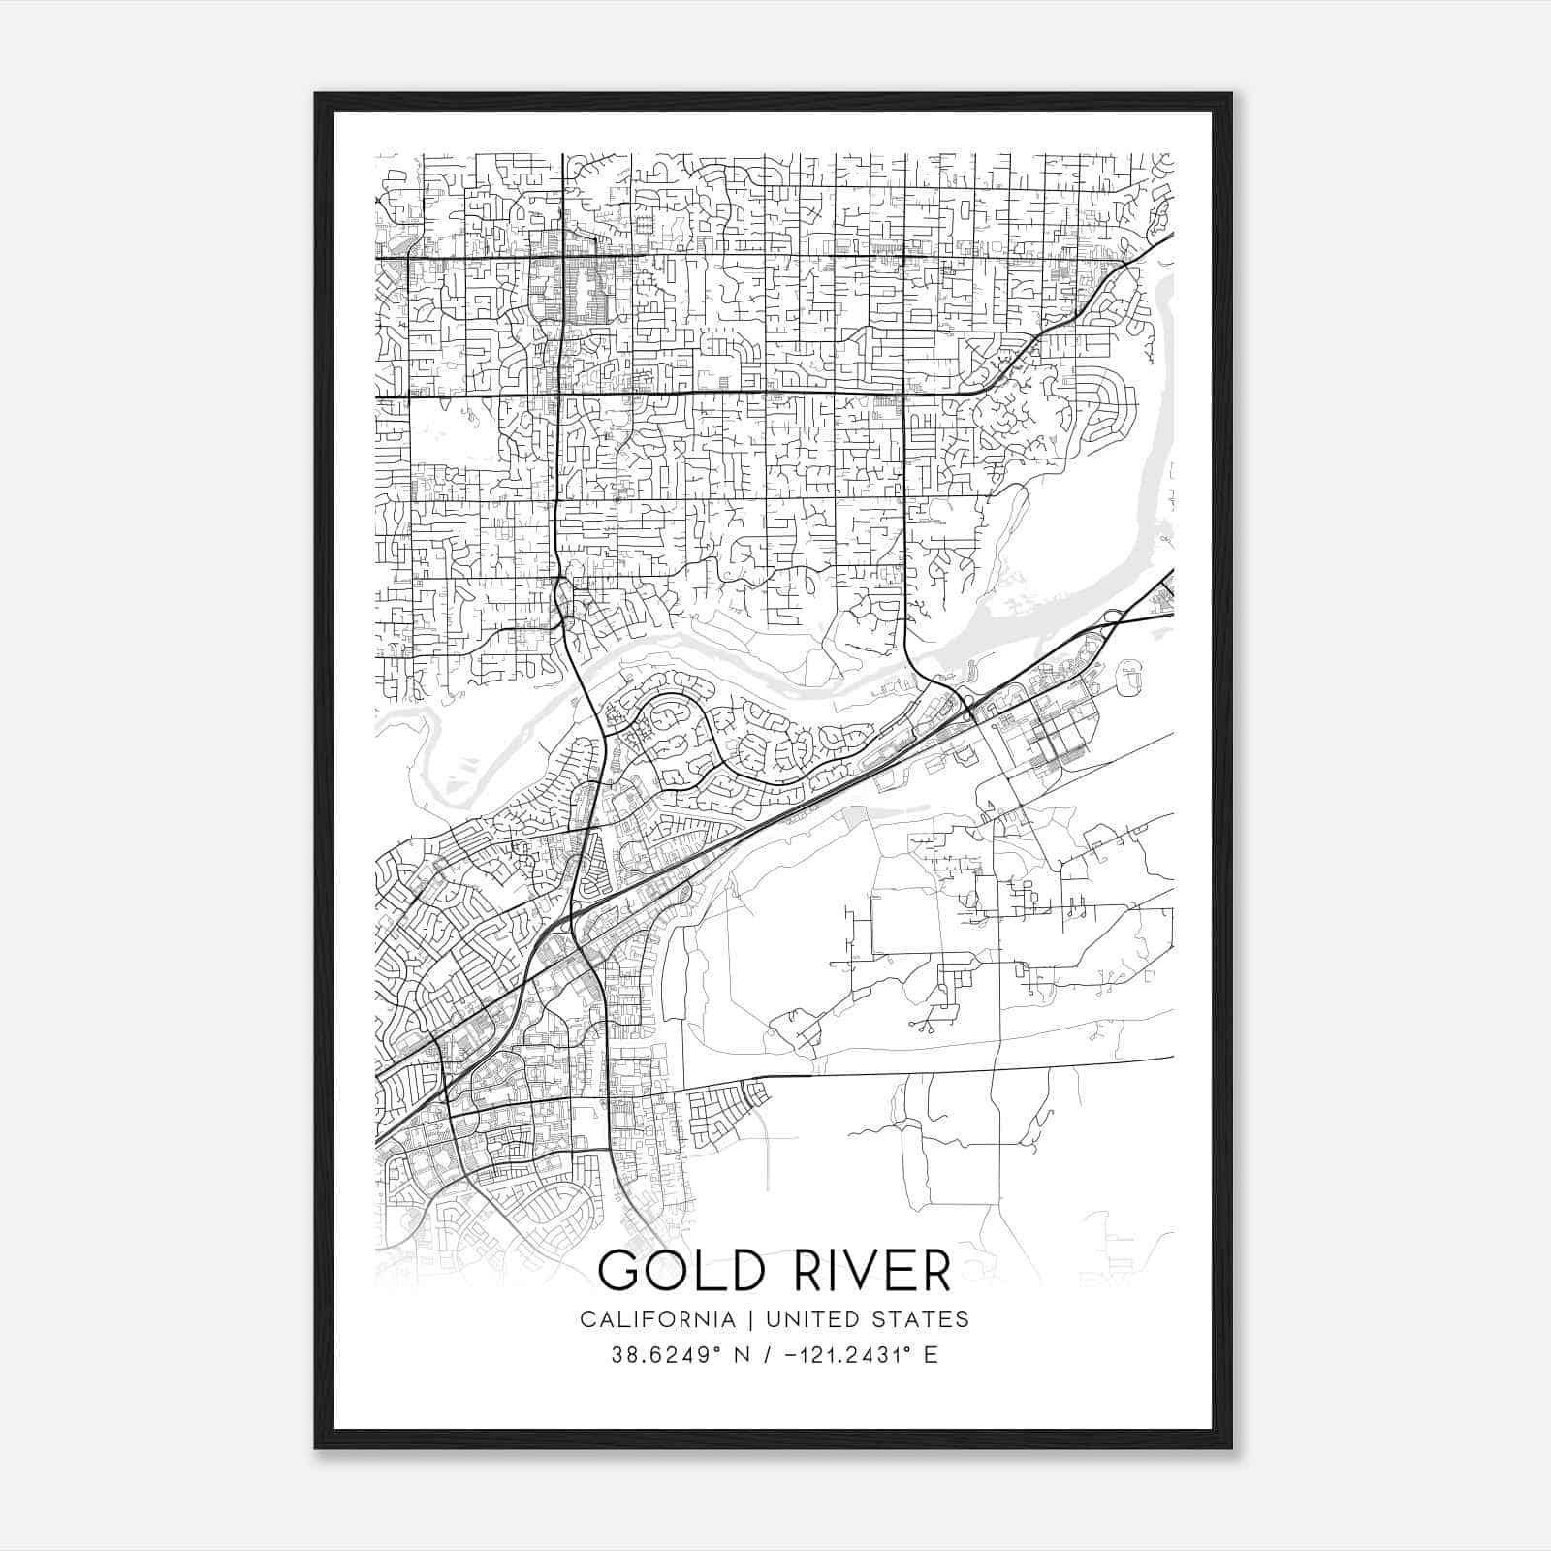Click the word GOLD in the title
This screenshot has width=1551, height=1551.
[675, 1270]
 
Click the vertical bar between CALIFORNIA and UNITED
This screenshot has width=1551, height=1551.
[754, 1319]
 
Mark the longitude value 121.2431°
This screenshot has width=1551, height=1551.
[850, 1355]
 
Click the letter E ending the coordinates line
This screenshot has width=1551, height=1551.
[932, 1355]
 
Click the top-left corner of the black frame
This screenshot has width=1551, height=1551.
[315, 93]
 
